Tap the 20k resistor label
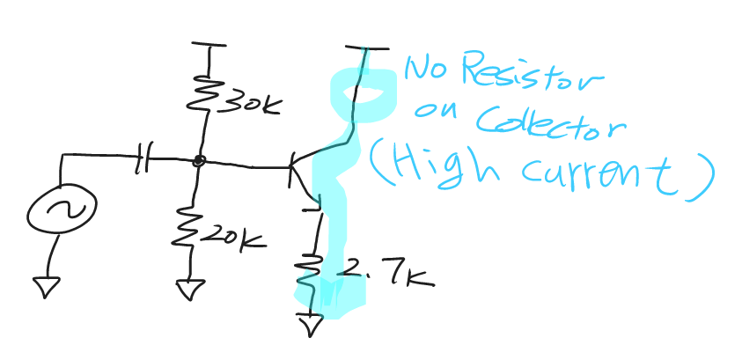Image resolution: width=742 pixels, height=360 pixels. point(231,235)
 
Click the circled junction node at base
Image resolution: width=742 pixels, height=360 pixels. point(201,161)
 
